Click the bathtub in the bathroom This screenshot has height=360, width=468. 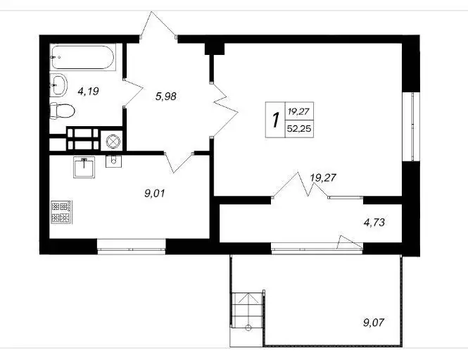82,57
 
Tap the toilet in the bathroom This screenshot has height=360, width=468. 62,111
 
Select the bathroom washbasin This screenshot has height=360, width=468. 58,85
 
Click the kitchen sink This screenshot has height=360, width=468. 84,167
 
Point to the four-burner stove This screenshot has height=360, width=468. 61,212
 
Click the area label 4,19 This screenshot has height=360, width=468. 88,91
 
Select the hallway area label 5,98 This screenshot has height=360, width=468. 166,97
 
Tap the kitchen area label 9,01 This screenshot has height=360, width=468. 154,194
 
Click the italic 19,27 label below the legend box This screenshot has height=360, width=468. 323,178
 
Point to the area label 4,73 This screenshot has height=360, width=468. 374,223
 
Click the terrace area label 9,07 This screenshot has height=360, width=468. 374,323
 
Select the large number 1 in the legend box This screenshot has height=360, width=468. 276,120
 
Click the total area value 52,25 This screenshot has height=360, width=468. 299,129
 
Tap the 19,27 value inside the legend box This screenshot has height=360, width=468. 299,112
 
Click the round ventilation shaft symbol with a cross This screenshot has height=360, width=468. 114,141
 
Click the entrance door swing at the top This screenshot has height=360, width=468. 158,25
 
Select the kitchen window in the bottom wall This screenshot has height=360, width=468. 132,247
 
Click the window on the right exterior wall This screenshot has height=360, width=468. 411,126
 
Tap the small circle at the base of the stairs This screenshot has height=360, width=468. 248,328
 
